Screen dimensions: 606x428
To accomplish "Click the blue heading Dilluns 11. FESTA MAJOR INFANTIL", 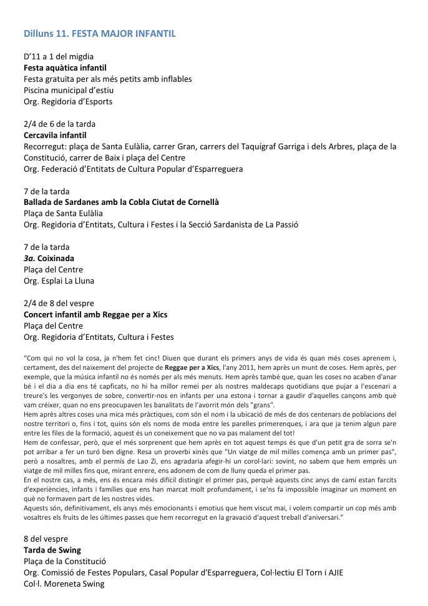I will [99, 33].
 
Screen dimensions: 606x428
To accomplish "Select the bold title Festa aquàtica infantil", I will [65, 67].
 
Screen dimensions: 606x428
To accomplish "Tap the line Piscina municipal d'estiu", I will [69, 90].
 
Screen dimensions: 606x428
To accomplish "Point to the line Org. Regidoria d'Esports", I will [68, 101].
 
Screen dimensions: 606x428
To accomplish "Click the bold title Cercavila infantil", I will [55, 135].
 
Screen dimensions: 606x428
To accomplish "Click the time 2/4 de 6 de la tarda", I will [59, 124].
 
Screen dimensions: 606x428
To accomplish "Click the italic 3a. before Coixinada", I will [31, 259].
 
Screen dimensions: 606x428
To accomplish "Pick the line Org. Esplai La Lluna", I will [59, 281].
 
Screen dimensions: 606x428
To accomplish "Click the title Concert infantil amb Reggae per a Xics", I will [95, 315].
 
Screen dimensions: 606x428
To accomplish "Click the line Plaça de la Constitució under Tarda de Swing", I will [70, 562].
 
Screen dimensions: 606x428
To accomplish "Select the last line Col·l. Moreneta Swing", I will [64, 584].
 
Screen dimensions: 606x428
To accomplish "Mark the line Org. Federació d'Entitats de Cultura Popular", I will [133, 169].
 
